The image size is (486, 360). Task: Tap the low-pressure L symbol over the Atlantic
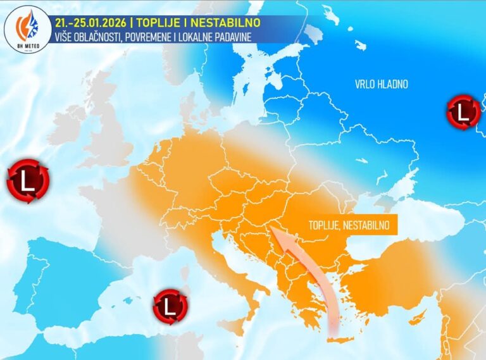pos(28,182)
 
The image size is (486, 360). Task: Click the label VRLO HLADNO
pos(381,84)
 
